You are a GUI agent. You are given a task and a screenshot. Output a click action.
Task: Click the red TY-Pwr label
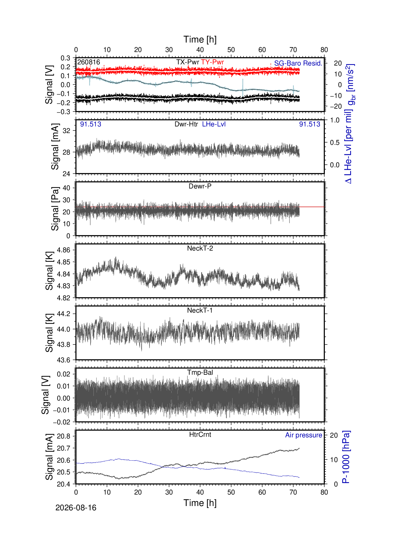(212, 62)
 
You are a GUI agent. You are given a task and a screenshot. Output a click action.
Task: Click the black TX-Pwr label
(188, 62)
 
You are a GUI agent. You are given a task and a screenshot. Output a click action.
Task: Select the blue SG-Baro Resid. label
(298, 63)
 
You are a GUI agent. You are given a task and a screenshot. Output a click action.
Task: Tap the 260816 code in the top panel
(89, 62)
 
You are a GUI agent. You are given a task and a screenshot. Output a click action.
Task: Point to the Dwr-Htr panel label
(186, 124)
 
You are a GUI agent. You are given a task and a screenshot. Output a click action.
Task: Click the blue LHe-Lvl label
(214, 124)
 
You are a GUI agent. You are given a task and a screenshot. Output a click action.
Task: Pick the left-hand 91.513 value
(91, 124)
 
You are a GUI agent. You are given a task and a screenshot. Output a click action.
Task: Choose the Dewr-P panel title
(200, 186)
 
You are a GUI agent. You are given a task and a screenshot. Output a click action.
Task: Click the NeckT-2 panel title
(200, 248)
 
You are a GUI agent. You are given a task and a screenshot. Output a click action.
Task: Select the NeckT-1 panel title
(200, 310)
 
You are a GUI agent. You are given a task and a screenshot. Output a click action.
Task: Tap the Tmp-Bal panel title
(200, 372)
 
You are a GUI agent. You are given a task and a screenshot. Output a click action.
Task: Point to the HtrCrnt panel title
(200, 434)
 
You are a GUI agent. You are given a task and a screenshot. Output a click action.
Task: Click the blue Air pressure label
(304, 435)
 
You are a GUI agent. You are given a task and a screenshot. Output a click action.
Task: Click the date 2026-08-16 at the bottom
(76, 508)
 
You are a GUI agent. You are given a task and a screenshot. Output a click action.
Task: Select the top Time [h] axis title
(200, 39)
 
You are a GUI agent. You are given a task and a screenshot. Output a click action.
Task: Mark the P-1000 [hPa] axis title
(346, 457)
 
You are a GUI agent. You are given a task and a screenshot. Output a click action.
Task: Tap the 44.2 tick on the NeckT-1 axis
(64, 314)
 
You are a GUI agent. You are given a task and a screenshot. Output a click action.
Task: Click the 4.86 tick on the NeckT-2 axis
(64, 250)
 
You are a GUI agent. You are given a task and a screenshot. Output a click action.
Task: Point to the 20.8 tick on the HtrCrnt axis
(64, 436)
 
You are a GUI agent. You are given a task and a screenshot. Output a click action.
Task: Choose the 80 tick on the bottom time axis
(324, 492)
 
